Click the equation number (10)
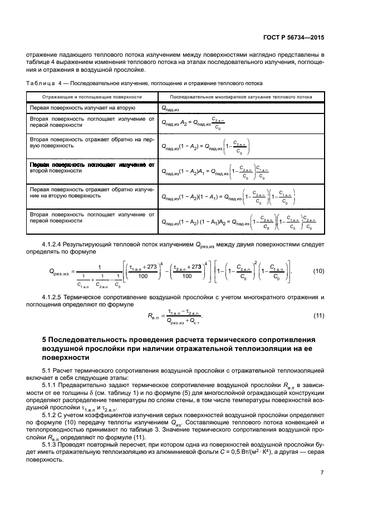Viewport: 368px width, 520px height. tap(318, 271)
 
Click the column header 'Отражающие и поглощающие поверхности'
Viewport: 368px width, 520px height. tap(91, 96)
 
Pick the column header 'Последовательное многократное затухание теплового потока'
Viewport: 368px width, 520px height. tap(241, 96)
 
